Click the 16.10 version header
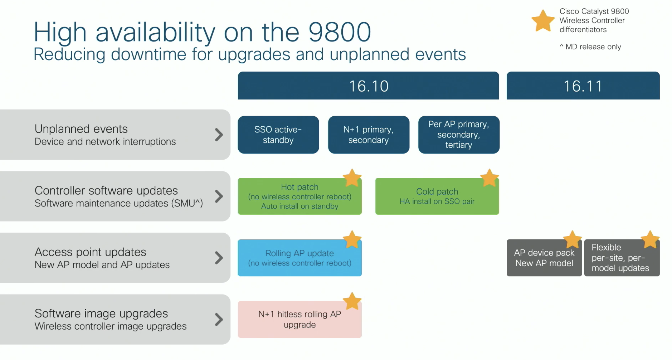pyautogui.click(x=368, y=86)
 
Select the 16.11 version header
pyautogui.click(x=583, y=86)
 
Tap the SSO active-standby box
pyautogui.click(x=278, y=135)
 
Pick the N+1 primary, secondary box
pyautogui.click(x=369, y=135)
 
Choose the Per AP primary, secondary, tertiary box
pyautogui.click(x=459, y=135)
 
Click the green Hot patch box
pyautogui.click(x=300, y=196)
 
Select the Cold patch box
pyautogui.click(x=437, y=196)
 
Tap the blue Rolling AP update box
pyautogui.click(x=300, y=258)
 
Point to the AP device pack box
pyautogui.click(x=544, y=258)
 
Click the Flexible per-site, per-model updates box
pyautogui.click(x=622, y=258)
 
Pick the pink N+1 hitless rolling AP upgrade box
pyautogui.click(x=300, y=320)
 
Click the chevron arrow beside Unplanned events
pyautogui.click(x=219, y=135)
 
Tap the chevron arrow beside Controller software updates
pyautogui.click(x=219, y=196)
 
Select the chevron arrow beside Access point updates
pyautogui.click(x=219, y=258)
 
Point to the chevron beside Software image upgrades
pyautogui.click(x=219, y=320)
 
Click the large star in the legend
pyautogui.click(x=543, y=21)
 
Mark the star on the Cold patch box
pyautogui.click(x=489, y=177)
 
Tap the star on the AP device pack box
pyautogui.click(x=572, y=239)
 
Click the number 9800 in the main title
pyautogui.click(x=340, y=32)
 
